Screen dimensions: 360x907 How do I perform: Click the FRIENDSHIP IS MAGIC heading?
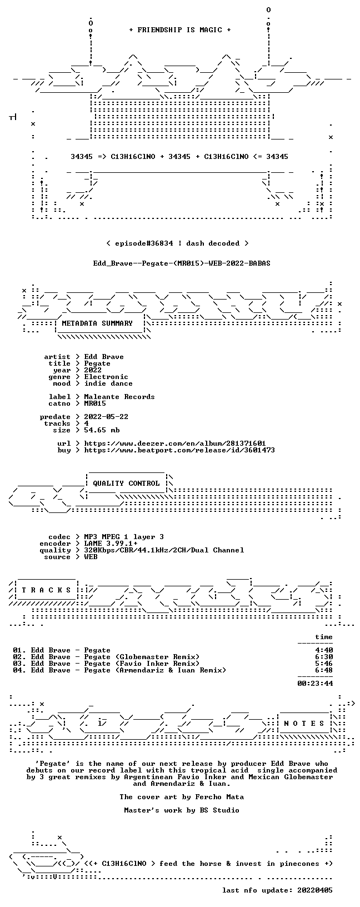click(180, 30)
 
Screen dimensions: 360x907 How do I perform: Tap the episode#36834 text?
click(144, 243)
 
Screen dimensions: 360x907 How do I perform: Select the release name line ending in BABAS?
click(182, 263)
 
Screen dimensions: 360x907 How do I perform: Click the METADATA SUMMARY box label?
click(97, 323)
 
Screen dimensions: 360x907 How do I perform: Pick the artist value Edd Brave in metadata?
click(104, 357)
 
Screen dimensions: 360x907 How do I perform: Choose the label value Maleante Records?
click(119, 397)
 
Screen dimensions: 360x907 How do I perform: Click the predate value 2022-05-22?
click(106, 417)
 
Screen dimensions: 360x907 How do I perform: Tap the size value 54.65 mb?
click(102, 430)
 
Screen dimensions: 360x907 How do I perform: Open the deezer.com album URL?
click(175, 443)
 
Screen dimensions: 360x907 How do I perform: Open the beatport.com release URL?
click(179, 450)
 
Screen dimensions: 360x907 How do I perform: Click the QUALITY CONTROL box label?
click(126, 484)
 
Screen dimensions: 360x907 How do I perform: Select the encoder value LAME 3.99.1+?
click(111, 544)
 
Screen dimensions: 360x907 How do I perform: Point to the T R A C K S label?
click(47, 590)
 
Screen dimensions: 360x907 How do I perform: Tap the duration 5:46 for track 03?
click(324, 664)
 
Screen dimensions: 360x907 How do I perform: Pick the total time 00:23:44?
click(315, 684)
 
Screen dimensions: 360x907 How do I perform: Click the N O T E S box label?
click(304, 724)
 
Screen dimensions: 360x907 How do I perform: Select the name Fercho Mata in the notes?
click(219, 797)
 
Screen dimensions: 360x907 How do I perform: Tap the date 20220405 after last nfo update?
click(315, 890)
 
